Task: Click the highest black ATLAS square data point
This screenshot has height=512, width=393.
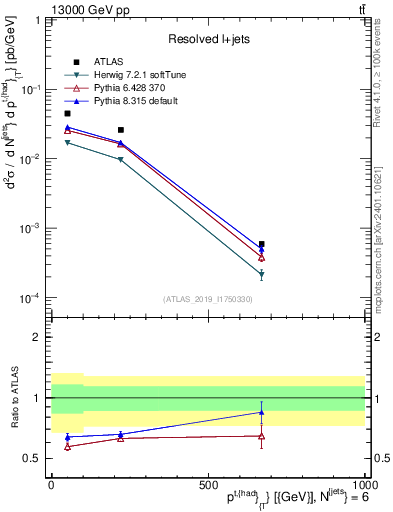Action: coord(67,114)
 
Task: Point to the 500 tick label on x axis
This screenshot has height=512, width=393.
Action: coord(208,484)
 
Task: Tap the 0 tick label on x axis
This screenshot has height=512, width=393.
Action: coord(52,484)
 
